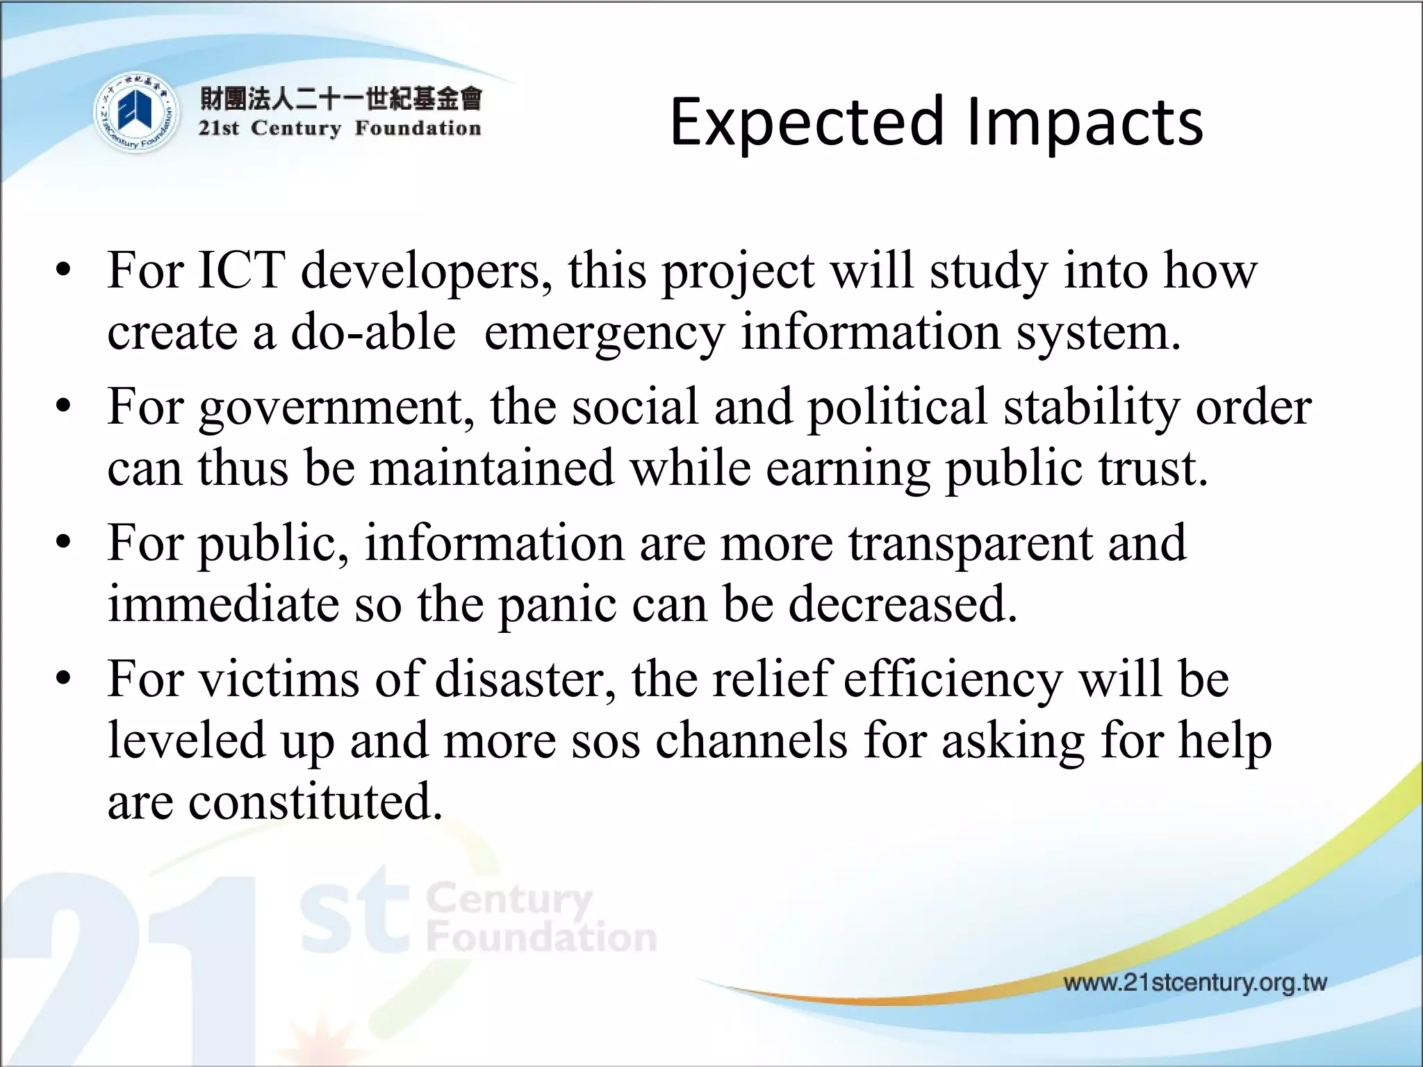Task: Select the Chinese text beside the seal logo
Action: (340, 99)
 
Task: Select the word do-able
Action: (373, 332)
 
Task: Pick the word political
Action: (896, 407)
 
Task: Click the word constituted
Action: (315, 802)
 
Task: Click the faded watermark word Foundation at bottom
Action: (542, 938)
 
